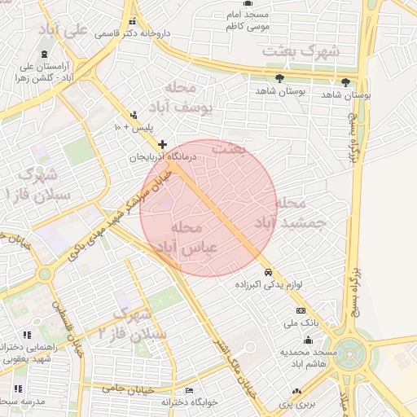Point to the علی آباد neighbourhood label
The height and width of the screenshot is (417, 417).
point(65,31)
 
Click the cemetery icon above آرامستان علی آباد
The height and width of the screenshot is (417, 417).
point(44,53)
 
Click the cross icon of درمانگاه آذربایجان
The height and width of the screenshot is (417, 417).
point(163,144)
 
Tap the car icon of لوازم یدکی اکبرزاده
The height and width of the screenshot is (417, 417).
point(268,272)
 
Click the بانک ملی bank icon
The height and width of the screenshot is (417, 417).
point(301,311)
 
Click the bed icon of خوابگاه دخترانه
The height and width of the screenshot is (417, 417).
point(190,391)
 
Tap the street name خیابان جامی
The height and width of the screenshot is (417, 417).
point(125,389)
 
